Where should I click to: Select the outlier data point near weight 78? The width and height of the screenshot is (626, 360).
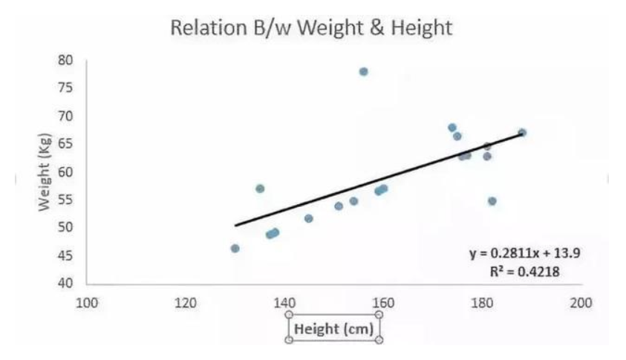pyautogui.click(x=363, y=72)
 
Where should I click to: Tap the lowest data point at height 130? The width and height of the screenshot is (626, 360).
pyautogui.click(x=235, y=249)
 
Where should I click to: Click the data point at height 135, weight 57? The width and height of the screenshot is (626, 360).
pyautogui.click(x=260, y=189)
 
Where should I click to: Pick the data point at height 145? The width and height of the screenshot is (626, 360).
pyautogui.click(x=309, y=218)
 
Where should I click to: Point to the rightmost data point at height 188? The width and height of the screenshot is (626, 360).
pyautogui.click(x=522, y=133)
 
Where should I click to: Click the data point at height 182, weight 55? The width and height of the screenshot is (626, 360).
pyautogui.click(x=492, y=201)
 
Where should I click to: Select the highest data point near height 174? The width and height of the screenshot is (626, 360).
pyautogui.click(x=451, y=128)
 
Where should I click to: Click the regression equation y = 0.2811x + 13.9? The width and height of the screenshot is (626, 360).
pyautogui.click(x=524, y=253)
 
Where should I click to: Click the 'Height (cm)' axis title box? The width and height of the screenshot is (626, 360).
pyautogui.click(x=333, y=328)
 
